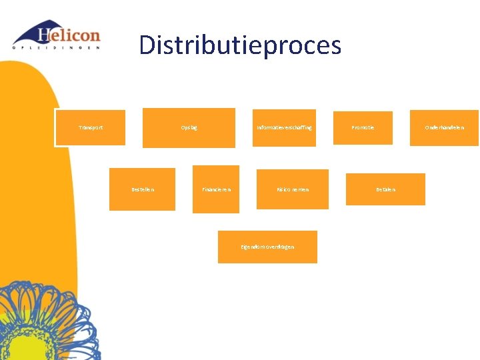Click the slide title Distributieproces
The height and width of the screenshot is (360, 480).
click(240, 45)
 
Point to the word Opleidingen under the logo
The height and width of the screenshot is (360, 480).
click(57, 47)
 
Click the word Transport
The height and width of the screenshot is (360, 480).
click(91, 127)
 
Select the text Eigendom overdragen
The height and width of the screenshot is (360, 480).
click(267, 247)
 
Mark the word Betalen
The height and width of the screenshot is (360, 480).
click(385, 189)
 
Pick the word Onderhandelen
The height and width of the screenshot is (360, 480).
click(445, 127)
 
